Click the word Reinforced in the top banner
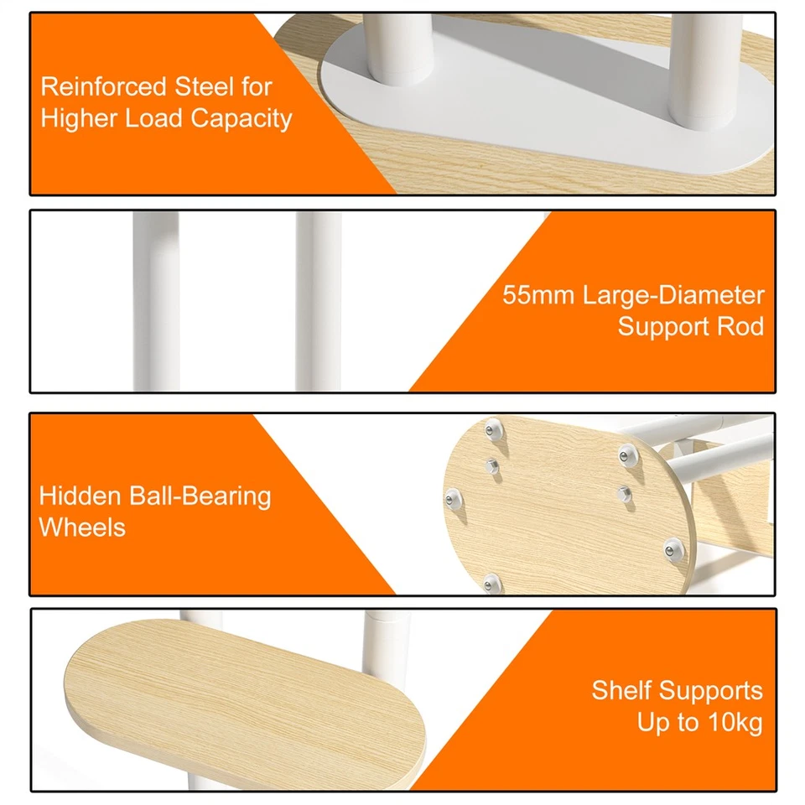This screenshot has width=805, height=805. pyautogui.click(x=103, y=86)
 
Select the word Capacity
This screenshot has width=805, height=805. pyautogui.click(x=241, y=119)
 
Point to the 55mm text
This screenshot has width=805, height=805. pyautogui.click(x=538, y=295)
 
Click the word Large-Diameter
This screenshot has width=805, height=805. pyautogui.click(x=673, y=296)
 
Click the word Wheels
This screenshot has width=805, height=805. pyautogui.click(x=82, y=527)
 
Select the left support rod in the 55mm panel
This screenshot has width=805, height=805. pyautogui.click(x=156, y=301)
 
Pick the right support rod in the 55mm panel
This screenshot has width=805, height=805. pyautogui.click(x=319, y=301)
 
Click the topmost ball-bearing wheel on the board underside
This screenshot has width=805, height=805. pyautogui.click(x=494, y=429)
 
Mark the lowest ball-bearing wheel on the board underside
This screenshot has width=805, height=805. pyautogui.click(x=491, y=584)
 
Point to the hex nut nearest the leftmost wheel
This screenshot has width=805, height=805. pyautogui.click(x=491, y=466)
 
